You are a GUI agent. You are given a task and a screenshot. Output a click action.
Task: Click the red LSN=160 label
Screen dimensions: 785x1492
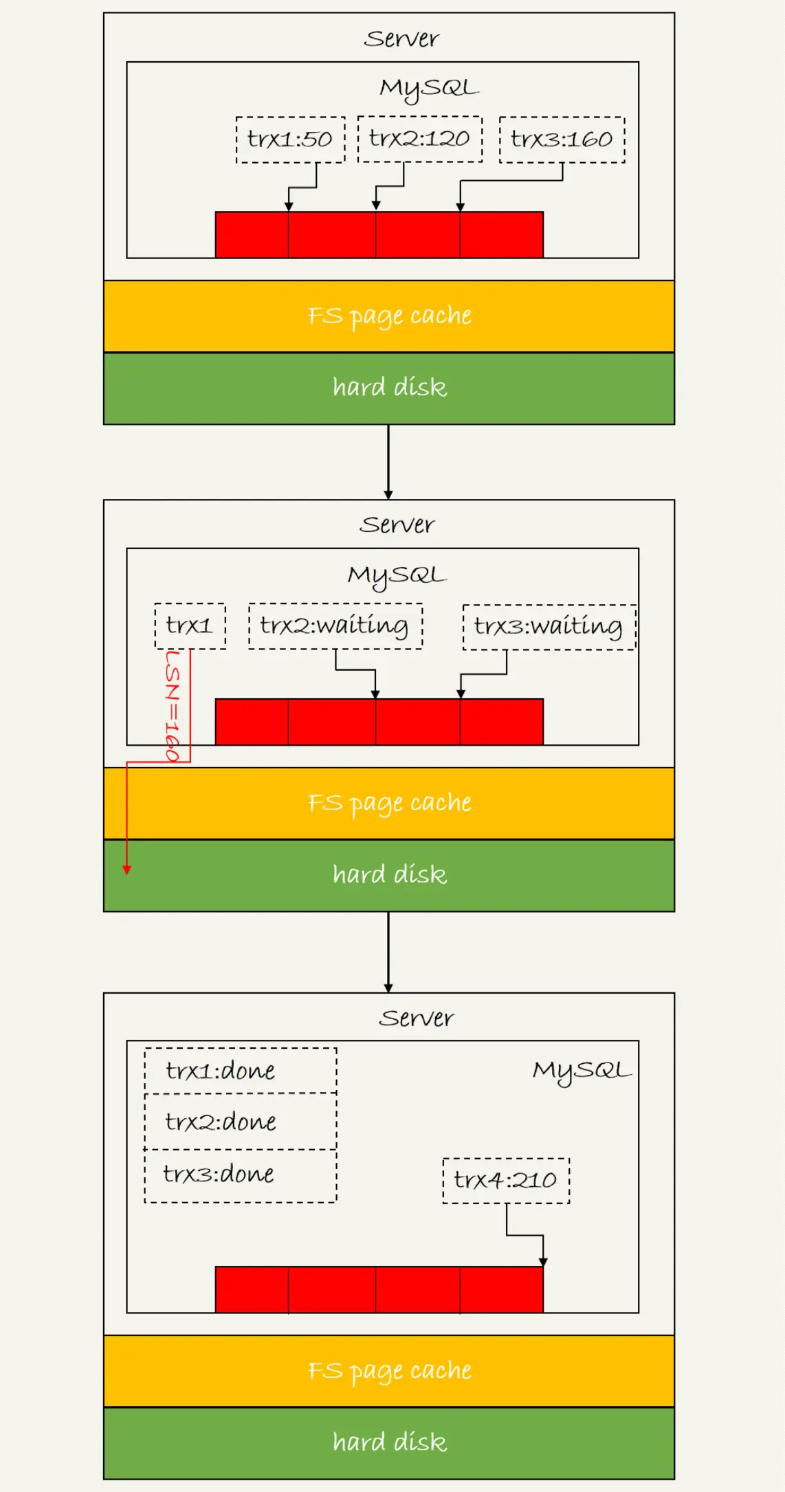(173, 706)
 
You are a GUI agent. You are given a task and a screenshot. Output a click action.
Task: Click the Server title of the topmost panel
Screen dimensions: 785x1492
(401, 38)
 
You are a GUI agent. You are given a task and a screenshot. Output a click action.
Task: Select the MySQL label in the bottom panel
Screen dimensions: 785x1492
(582, 1071)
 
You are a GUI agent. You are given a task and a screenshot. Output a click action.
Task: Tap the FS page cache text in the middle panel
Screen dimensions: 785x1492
(390, 803)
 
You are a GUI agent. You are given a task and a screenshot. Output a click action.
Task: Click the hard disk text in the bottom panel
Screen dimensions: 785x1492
(390, 1442)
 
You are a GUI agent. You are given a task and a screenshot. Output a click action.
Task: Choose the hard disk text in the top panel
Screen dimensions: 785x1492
(390, 388)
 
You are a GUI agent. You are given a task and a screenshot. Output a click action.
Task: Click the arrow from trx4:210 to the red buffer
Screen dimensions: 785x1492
(525, 1235)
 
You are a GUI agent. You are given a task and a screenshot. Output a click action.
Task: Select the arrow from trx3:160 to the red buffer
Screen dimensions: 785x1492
(511, 181)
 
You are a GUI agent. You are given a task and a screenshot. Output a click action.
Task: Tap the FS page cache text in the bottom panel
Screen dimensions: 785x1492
(390, 1371)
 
